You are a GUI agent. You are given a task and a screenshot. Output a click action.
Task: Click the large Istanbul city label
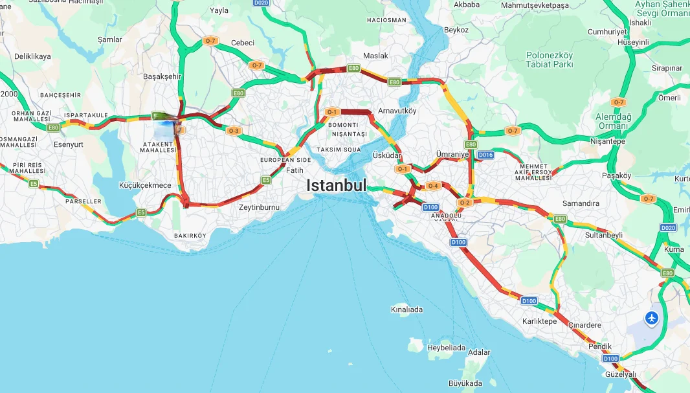336,186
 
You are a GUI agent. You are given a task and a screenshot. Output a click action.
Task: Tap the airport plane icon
652,318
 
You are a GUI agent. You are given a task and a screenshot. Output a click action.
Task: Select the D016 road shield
485,155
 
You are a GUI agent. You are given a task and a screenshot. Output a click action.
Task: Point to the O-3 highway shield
234,131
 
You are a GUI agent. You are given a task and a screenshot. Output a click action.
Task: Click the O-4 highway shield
433,186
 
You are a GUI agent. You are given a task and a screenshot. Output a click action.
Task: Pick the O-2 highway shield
465,203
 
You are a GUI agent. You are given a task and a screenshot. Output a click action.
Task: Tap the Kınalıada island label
406,309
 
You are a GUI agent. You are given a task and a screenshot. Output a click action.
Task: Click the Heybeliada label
446,348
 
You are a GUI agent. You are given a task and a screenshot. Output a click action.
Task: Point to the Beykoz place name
456,30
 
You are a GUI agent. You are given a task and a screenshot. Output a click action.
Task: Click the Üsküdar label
388,156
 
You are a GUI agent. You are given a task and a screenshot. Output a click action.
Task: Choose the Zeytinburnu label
258,207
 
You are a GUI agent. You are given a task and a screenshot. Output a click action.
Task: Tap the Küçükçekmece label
145,185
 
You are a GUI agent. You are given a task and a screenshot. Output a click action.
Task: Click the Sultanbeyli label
604,235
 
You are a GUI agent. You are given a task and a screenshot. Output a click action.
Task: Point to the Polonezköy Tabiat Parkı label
550,60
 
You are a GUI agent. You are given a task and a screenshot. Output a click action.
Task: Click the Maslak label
375,56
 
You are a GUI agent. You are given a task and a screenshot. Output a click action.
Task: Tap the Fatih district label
295,170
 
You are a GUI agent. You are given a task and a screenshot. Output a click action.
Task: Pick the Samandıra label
581,203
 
